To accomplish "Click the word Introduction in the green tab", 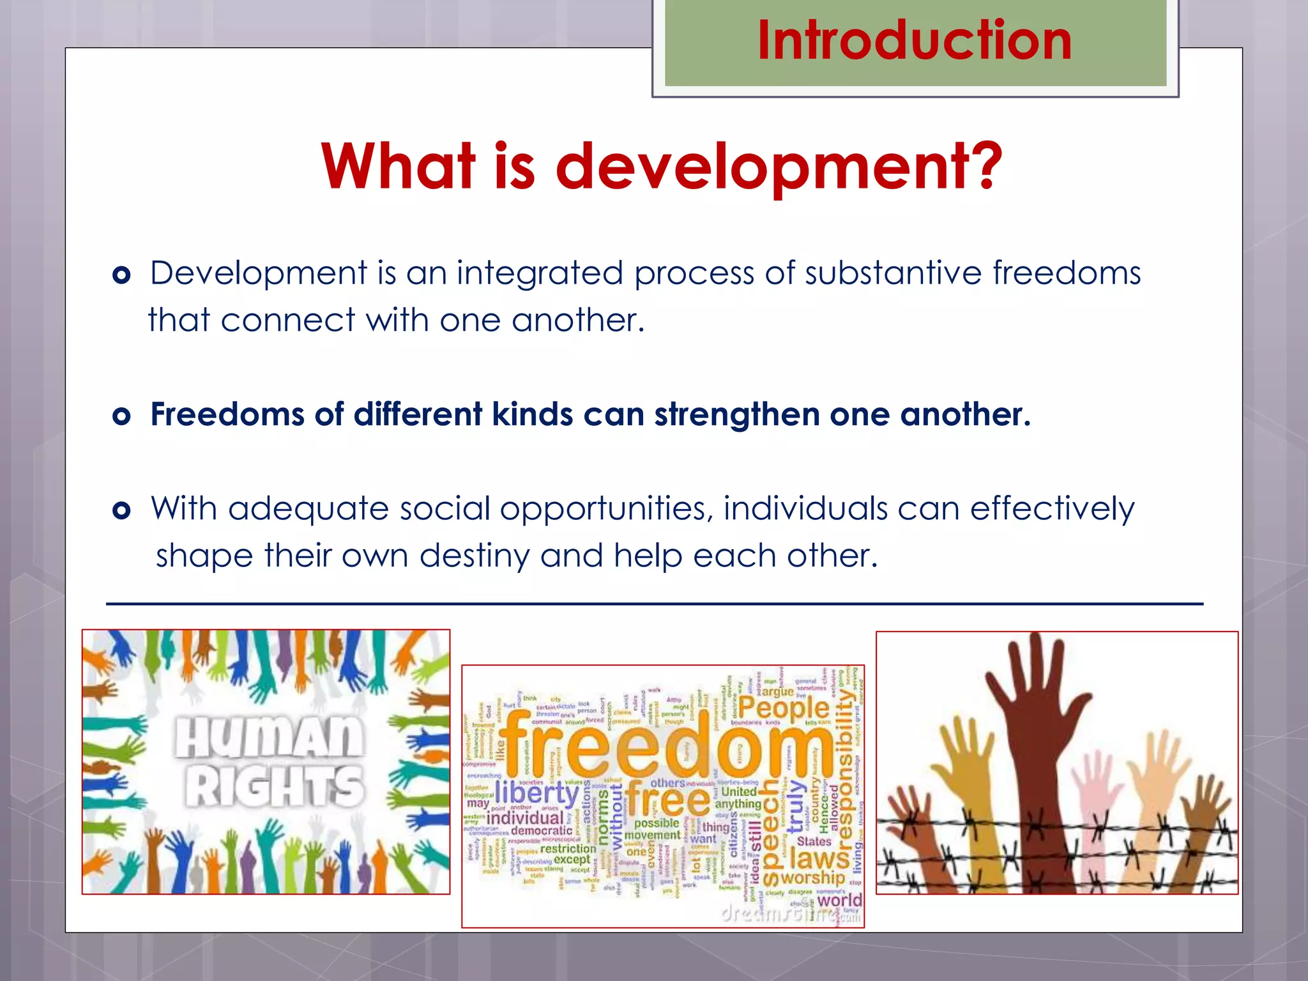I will (x=914, y=40).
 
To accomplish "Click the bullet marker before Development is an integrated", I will (x=121, y=275).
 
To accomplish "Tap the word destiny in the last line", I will (x=474, y=556).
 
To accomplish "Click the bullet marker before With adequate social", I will (x=121, y=510).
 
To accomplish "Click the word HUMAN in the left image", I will (x=269, y=738).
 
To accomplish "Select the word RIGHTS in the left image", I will (x=275, y=787).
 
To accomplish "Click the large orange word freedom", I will (x=664, y=744).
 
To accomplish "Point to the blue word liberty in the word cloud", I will (x=537, y=793).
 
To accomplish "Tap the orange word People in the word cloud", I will (x=784, y=708).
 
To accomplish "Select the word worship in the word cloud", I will (x=812, y=878).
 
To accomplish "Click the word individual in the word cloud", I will (x=525, y=818).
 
